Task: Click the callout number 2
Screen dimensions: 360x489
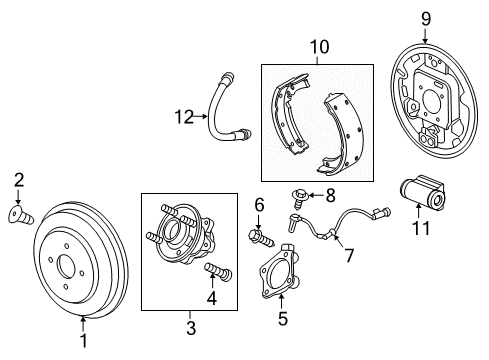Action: pyautogui.click(x=18, y=180)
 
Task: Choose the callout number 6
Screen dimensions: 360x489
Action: pyautogui.click(x=258, y=205)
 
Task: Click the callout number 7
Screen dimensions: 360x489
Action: pyautogui.click(x=348, y=256)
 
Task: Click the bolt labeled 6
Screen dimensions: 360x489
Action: pyautogui.click(x=258, y=237)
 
